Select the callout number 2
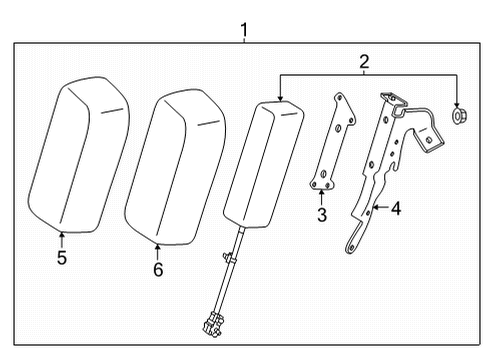point(365,62)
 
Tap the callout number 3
point(320,215)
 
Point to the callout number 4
point(396,209)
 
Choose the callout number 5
point(62,257)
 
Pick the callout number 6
point(157,269)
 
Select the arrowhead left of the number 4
point(375,209)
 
